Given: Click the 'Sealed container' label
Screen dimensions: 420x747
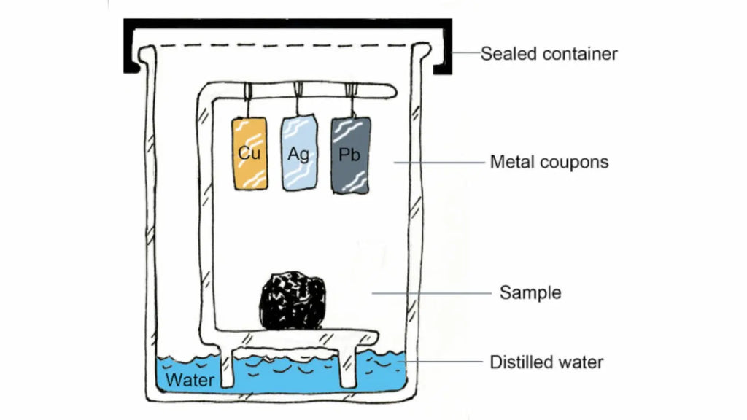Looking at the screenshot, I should (549, 54).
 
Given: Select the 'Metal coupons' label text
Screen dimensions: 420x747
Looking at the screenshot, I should (549, 161).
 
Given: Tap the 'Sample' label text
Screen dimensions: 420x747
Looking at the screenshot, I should (530, 293).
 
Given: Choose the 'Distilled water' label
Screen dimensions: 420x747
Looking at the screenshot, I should (547, 362).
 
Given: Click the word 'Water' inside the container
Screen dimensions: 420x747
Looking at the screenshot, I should (190, 380).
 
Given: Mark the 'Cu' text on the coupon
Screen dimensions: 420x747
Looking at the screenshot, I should (249, 154).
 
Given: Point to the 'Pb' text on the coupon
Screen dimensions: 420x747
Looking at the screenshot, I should (349, 155).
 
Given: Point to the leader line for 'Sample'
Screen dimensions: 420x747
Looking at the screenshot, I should (430, 293).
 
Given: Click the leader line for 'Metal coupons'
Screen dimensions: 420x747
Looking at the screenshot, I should (438, 162).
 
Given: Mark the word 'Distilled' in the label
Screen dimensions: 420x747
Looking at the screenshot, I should (515, 362).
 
